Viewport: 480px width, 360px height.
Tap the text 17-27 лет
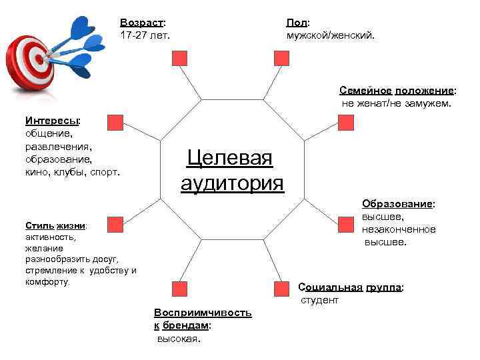[x=145, y=35]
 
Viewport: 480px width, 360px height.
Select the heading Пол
[x=297, y=23]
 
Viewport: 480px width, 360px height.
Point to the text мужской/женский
[x=331, y=35]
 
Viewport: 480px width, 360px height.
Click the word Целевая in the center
[x=230, y=159]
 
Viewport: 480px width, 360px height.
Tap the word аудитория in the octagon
[x=232, y=183]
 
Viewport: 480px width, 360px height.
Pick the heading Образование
[x=398, y=203]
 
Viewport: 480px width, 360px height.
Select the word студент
[x=319, y=300]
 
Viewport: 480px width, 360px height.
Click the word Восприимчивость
[x=203, y=313]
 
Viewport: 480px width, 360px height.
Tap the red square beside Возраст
[x=180, y=59]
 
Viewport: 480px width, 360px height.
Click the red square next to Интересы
[x=115, y=122]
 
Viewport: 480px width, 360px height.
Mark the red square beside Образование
[x=345, y=224]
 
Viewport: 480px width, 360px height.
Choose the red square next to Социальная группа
[x=281, y=288]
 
